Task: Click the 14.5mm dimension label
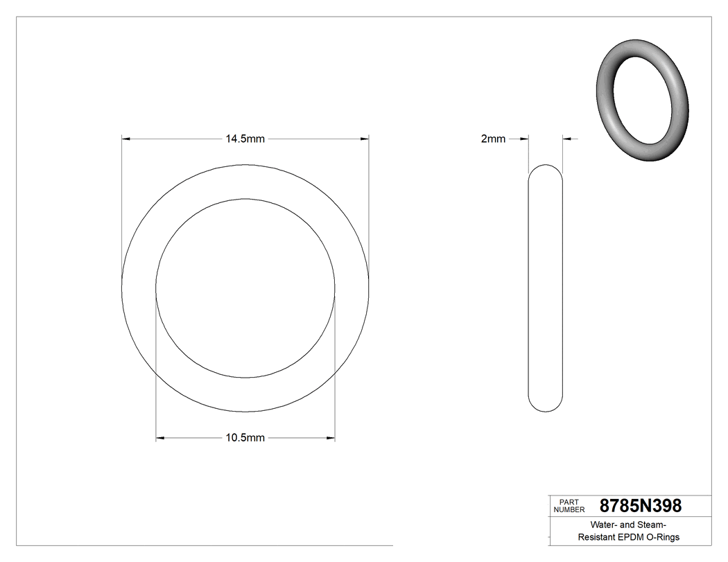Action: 245,139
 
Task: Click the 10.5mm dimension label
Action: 245,438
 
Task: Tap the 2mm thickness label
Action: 493,139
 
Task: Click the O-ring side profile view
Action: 545,288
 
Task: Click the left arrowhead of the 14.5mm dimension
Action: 126,139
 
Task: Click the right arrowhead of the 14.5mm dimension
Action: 364,139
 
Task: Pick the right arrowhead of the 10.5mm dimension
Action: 331,438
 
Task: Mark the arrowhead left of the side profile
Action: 524,139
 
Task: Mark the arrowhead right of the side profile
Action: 566,139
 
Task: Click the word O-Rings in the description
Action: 662,538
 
